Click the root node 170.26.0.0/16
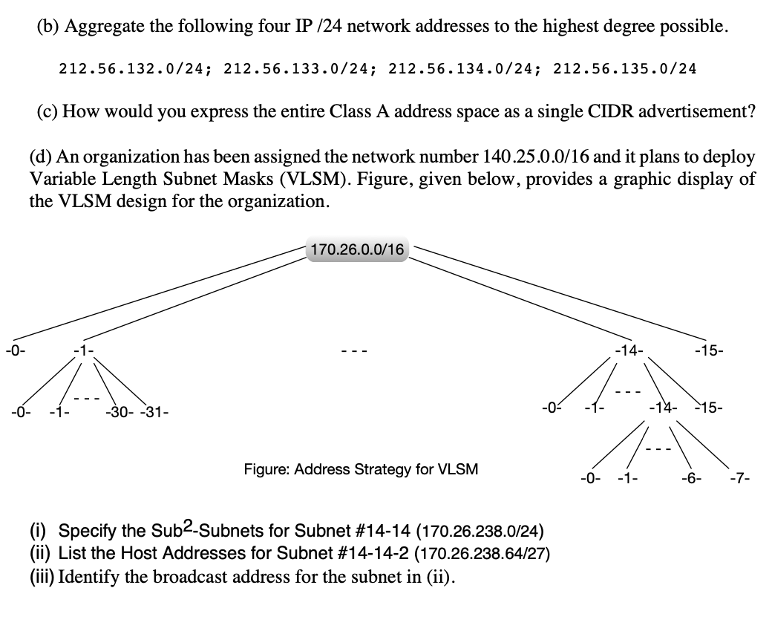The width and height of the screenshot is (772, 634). click(x=357, y=250)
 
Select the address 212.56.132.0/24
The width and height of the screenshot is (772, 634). click(x=136, y=69)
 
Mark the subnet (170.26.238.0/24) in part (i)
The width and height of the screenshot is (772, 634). click(x=482, y=532)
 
